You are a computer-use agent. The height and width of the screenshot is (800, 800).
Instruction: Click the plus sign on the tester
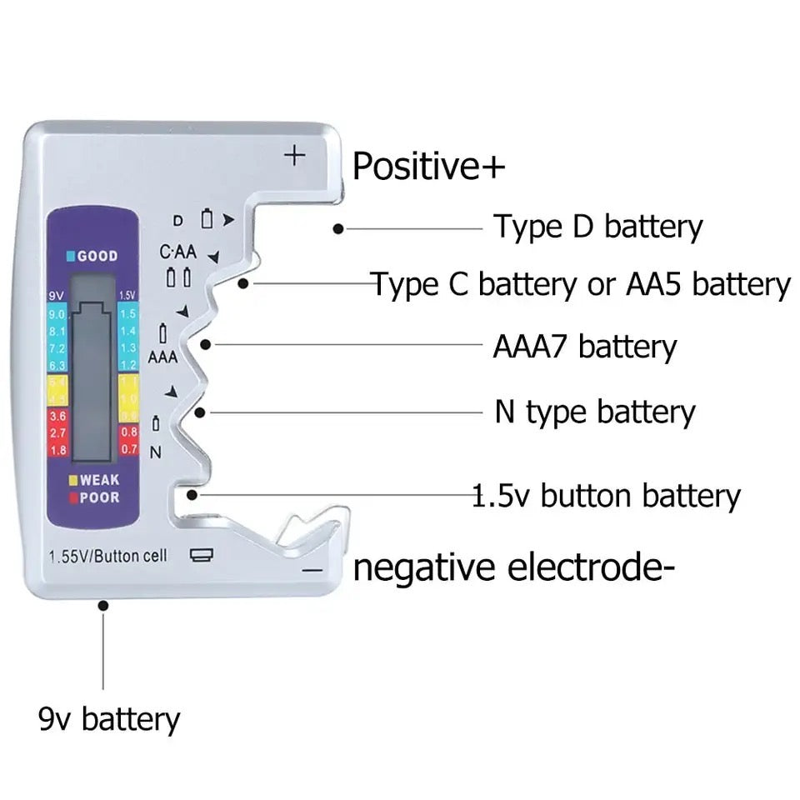point(295,155)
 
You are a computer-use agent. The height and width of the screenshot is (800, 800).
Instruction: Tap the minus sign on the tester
point(311,569)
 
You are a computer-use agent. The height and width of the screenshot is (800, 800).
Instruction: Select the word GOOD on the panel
point(97,256)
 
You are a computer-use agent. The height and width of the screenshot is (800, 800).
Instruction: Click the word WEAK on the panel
point(99,480)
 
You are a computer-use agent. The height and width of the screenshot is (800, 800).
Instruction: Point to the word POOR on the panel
point(99,497)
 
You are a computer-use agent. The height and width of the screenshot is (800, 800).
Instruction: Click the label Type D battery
point(598,227)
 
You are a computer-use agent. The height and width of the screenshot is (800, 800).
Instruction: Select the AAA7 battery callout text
point(584,346)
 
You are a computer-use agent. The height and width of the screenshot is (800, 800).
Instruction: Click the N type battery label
point(594,412)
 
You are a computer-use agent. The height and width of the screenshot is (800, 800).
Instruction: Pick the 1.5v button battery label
point(606,496)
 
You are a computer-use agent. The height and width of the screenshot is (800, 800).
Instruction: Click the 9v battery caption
point(109,718)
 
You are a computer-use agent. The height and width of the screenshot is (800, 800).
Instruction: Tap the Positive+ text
point(428,166)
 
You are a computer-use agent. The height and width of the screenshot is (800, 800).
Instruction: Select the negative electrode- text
point(513,568)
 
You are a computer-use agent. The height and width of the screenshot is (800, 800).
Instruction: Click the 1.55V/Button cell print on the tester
point(108,556)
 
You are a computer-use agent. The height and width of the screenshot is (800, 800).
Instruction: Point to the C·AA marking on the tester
point(177,252)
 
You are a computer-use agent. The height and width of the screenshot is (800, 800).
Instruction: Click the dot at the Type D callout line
point(337,227)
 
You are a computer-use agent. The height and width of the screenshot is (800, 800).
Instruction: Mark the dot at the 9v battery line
point(103,606)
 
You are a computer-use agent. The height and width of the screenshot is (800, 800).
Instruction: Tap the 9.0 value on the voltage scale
point(57,313)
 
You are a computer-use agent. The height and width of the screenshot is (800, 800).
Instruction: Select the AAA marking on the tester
point(162,357)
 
